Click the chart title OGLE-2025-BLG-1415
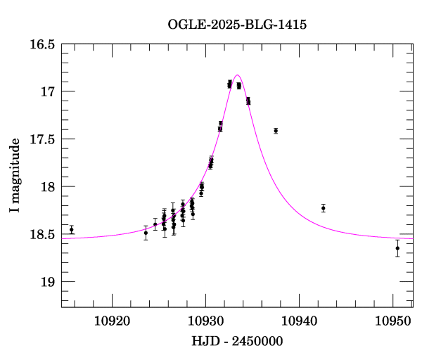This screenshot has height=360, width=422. point(237,25)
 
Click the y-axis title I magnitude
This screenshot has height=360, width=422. point(15,176)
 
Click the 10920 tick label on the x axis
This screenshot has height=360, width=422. point(113,321)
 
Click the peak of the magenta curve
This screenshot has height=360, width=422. point(237,75)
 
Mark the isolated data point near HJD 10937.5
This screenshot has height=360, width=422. point(276,131)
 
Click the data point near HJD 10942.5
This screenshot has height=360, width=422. point(323,208)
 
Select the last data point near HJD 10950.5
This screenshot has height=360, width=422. point(397,248)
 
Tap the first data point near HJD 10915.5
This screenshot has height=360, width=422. point(71,229)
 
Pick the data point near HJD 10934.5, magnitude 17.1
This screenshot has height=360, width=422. point(248,101)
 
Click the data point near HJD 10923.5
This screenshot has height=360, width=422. point(146,233)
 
